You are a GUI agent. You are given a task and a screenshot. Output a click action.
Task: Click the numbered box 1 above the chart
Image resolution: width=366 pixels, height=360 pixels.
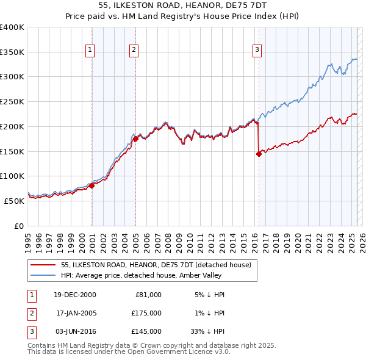click(x=90, y=50)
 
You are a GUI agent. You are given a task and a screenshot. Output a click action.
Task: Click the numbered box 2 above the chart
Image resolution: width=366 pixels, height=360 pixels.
click(x=134, y=50)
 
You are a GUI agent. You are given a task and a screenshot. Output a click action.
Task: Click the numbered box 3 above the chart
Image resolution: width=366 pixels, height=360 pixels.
click(x=257, y=50)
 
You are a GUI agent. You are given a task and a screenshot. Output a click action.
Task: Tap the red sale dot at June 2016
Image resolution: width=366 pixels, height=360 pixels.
click(x=259, y=154)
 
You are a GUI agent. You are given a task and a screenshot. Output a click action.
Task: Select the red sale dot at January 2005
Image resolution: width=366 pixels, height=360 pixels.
click(x=135, y=139)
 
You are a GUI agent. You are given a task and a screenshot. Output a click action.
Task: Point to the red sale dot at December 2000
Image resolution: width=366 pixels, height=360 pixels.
click(x=92, y=185)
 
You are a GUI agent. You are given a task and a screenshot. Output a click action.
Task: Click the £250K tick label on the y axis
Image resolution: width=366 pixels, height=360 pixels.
click(x=12, y=101)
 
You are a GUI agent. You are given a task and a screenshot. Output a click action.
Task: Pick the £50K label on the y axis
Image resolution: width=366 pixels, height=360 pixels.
click(x=14, y=201)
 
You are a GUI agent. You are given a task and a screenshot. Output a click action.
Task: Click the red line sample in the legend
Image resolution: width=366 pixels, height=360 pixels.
click(x=43, y=265)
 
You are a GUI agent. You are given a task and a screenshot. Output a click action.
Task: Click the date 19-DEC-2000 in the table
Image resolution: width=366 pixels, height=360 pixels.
click(x=74, y=295)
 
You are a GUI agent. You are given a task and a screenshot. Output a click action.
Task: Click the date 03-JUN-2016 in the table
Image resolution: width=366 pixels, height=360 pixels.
click(x=74, y=331)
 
